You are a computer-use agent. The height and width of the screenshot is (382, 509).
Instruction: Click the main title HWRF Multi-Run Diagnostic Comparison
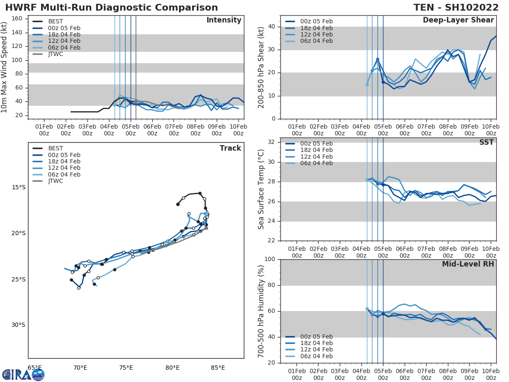pos(111,8)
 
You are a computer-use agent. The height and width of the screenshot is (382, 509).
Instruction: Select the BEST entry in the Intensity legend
pos(56,22)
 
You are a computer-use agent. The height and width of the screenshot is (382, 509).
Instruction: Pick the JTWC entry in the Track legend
pos(56,181)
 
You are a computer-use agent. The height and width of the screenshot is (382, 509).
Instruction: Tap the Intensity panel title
pos(224,20)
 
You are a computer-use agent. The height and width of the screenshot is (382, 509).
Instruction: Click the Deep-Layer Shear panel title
pos(458,20)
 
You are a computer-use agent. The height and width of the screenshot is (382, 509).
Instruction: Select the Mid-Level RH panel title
pos(468,264)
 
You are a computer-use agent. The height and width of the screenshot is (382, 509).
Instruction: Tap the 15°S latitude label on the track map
pos(18,188)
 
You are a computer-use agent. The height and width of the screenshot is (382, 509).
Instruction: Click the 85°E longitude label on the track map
pos(218,368)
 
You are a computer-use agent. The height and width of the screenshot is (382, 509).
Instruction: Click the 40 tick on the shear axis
pos(271,27)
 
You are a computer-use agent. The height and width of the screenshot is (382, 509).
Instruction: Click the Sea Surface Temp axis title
pos(261,189)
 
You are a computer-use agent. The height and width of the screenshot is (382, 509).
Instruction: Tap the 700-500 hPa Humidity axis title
pos(261,311)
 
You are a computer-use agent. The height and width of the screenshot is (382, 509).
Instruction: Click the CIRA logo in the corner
pos(23,374)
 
